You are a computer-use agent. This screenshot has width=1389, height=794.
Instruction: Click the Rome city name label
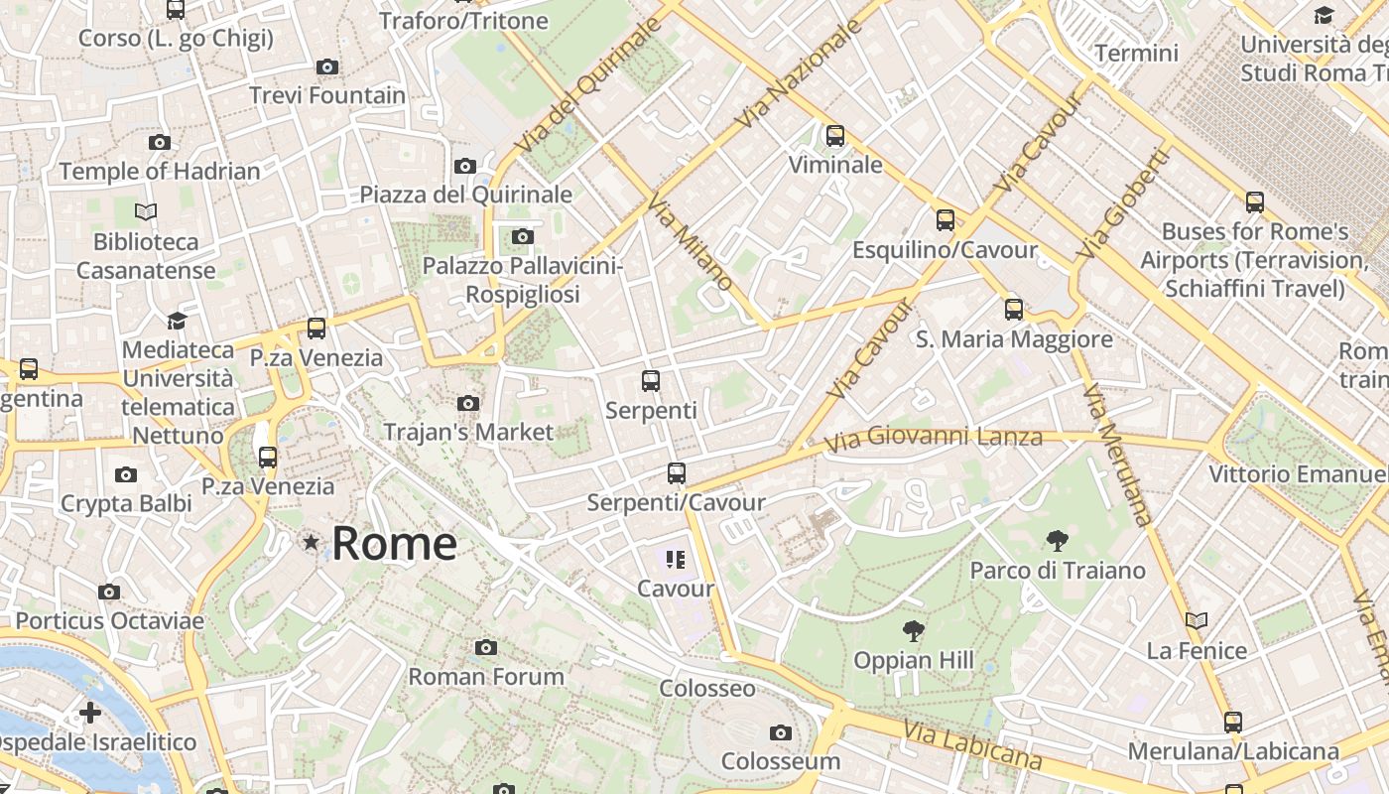(394, 543)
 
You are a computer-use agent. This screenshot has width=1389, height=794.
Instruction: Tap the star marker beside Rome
(312, 542)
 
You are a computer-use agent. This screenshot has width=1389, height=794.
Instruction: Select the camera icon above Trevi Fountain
(327, 67)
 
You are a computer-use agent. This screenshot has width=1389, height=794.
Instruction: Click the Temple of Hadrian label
(160, 171)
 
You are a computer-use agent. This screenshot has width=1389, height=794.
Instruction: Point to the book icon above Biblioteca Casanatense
(146, 211)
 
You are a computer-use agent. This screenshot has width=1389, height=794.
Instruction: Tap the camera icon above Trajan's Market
(468, 403)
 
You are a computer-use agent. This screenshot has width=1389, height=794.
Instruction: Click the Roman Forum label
(486, 676)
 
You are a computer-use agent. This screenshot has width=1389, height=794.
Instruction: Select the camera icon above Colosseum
(781, 733)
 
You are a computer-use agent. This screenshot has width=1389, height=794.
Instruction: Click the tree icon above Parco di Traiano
(1058, 541)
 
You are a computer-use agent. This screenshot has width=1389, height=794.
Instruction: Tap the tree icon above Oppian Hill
(913, 631)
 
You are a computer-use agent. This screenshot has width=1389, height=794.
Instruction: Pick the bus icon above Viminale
(835, 136)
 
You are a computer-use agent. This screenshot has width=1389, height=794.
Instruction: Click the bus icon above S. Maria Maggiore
(1013, 309)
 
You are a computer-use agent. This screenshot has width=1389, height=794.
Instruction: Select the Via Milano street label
(691, 242)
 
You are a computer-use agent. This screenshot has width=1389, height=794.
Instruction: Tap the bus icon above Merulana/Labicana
(1232, 723)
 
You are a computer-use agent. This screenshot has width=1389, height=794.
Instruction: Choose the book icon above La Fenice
(1197, 621)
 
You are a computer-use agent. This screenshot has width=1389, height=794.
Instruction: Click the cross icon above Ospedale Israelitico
(90, 713)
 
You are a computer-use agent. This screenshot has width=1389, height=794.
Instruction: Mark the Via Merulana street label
(1118, 455)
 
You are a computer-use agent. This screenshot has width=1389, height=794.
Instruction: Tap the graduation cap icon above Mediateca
(177, 321)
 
